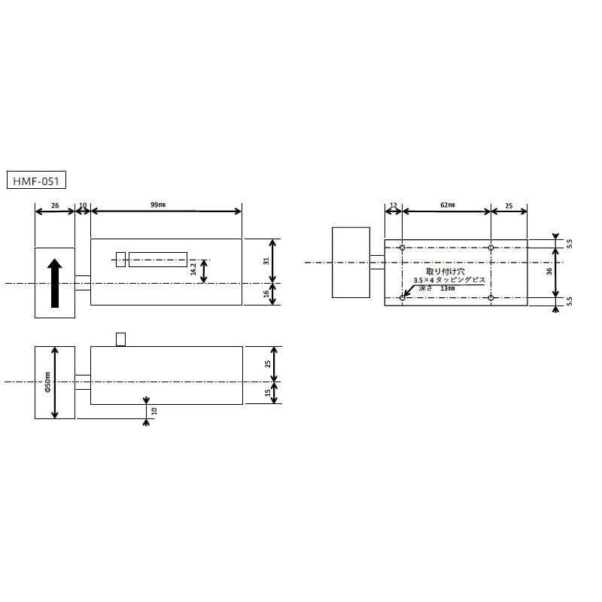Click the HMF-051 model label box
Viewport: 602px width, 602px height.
tap(37, 181)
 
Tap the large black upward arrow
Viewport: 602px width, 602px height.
tap(54, 282)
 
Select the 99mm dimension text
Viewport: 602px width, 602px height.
tap(158, 205)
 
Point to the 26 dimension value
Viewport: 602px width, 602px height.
tap(55, 205)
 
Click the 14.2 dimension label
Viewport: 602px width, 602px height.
tap(193, 269)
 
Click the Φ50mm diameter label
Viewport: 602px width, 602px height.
tap(46, 383)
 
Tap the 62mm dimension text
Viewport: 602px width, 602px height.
tap(446, 205)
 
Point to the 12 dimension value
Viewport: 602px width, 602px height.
tap(394, 205)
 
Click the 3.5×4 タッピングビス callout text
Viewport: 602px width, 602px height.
tap(449, 280)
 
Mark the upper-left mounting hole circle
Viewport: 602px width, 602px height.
tap(403, 248)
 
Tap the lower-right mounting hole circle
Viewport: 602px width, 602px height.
tap(491, 298)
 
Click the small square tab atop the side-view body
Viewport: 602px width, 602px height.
tap(120, 339)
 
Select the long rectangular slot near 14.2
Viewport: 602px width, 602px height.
tap(158, 259)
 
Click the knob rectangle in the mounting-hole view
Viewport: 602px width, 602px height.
tap(351, 263)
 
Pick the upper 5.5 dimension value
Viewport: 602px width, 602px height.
tap(570, 244)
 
